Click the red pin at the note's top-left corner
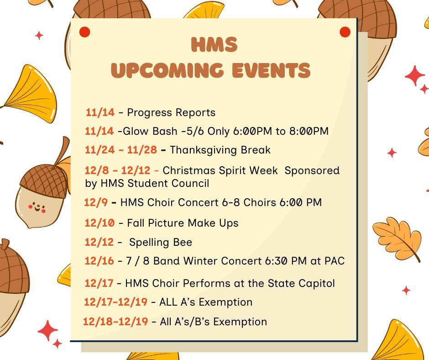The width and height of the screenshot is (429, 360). pyautogui.click(x=85, y=32)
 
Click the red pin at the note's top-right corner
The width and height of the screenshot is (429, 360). pyautogui.click(x=345, y=32)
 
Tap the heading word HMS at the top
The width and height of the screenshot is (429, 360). pyautogui.click(x=214, y=45)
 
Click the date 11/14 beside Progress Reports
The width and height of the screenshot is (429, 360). pyautogui.click(x=100, y=112)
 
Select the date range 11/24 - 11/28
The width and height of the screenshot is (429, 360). pyautogui.click(x=121, y=150)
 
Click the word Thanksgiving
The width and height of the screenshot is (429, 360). pyautogui.click(x=195, y=150)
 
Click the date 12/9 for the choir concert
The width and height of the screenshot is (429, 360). pyautogui.click(x=96, y=202)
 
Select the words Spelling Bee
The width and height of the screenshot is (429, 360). pyautogui.click(x=161, y=242)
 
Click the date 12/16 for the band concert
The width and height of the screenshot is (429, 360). pyautogui.click(x=99, y=261)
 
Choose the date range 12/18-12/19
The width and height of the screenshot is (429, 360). pyautogui.click(x=115, y=322)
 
